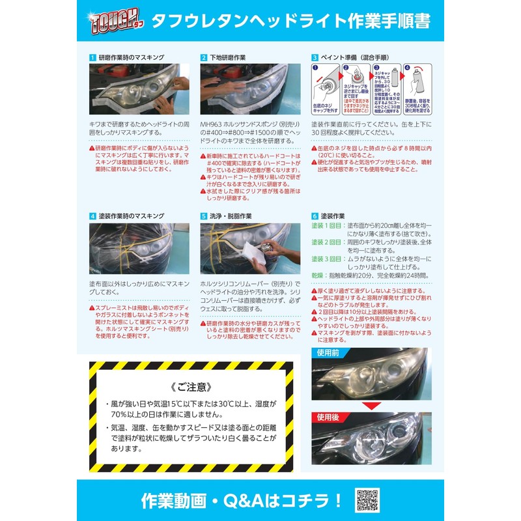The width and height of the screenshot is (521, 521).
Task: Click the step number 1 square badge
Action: pyautogui.click(x=92, y=58)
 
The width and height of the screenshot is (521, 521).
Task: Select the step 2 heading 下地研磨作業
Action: pyautogui.click(x=227, y=58)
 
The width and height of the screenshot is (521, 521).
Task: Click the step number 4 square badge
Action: pyautogui.click(x=92, y=216)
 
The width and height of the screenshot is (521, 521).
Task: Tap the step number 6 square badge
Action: pyautogui.click(x=315, y=216)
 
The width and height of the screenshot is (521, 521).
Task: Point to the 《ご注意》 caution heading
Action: pyautogui.click(x=191, y=386)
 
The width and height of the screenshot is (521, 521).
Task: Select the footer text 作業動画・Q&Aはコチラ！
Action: pyautogui.click(x=242, y=500)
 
